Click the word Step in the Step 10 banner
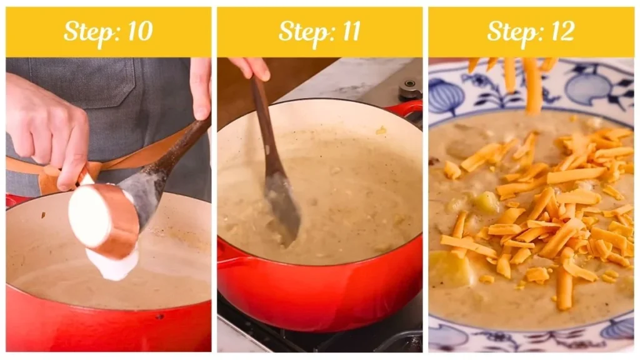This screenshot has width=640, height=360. coord(86,31)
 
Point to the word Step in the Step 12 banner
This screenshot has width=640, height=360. coord(509,31)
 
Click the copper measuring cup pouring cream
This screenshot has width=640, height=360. coord(104,222)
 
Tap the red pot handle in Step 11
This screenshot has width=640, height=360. coord(405,108)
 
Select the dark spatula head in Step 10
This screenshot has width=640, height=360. coord(141,194)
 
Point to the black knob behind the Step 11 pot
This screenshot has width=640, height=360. coord(410,91)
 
